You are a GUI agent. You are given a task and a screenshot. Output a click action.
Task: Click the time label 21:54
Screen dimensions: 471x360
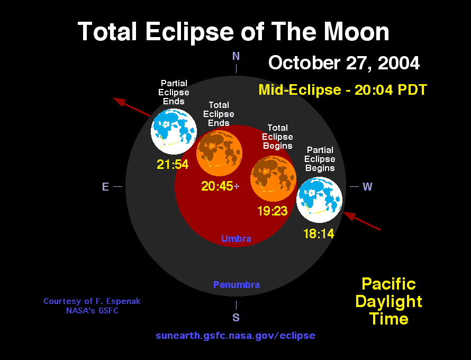coord(173,164)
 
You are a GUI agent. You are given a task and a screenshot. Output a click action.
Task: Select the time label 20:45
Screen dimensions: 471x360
coord(217,186)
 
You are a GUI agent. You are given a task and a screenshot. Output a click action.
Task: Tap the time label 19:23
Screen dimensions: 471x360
coord(273,211)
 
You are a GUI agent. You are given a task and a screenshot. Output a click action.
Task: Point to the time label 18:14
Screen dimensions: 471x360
coord(319,233)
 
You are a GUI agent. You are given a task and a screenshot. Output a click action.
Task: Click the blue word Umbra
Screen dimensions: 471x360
coord(236,239)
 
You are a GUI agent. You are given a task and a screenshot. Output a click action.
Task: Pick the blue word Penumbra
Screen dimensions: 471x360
coord(237,285)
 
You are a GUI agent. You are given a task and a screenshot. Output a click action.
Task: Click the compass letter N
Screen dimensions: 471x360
coord(236,56)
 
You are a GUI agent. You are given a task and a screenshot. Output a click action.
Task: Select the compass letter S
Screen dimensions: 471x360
coord(236,317)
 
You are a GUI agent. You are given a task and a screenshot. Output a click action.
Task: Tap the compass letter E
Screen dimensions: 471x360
coord(105,186)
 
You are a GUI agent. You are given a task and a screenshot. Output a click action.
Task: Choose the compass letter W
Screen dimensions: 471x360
coord(367,186)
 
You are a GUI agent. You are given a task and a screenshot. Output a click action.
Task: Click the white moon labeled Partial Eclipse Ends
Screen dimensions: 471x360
coord(174,132)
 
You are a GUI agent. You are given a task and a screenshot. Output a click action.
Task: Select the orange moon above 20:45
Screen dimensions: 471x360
coord(219,153)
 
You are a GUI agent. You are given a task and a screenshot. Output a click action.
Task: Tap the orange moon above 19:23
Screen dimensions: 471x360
coord(274,178)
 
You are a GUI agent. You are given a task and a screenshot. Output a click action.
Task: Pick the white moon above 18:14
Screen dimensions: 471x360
coord(319,200)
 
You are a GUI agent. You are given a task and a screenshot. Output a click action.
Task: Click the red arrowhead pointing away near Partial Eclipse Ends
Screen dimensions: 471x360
coord(119,102)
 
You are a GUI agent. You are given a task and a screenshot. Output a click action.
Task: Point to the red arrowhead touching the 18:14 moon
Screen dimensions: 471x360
coord(349,215)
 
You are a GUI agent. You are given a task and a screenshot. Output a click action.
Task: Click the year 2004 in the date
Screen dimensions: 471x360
coord(398,63)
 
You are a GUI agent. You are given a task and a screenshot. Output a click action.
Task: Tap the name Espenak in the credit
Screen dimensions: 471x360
coord(124,301)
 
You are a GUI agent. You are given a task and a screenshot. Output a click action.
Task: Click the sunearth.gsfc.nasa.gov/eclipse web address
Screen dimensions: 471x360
coord(235,335)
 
